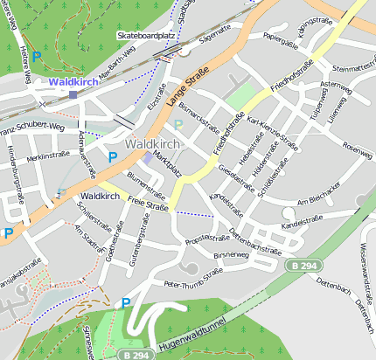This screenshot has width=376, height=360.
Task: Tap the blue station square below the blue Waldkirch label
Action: click(73, 94)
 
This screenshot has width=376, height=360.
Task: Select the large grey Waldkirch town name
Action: click(153, 142)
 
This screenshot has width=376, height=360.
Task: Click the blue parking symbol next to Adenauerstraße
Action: click(112, 156)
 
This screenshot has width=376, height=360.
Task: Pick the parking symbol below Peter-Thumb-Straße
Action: click(126, 302)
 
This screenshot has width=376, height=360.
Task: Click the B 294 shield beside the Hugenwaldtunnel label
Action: click(134, 355)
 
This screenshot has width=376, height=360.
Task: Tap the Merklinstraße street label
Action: click(47, 155)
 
